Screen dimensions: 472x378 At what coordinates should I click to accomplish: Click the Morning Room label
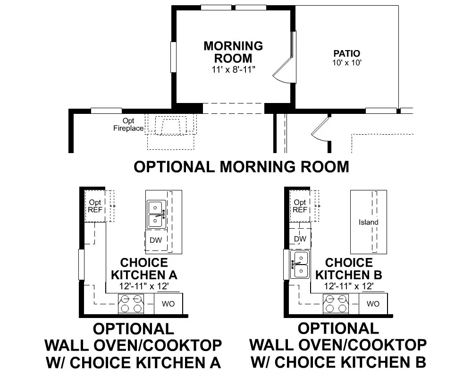233,52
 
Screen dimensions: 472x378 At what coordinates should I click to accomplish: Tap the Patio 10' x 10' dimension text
347,63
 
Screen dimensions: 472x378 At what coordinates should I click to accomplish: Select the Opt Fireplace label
128,124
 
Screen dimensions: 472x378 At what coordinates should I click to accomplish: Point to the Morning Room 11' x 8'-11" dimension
233,69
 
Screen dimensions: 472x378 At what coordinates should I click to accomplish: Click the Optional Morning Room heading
241,167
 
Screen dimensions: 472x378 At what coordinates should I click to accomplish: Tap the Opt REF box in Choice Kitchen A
95,206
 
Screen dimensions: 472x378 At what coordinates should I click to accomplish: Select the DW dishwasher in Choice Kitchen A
156,240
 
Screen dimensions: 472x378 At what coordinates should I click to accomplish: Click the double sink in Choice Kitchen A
156,214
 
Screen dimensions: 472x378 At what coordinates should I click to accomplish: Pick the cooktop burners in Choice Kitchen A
131,303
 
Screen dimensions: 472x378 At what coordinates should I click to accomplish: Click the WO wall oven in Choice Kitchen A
169,304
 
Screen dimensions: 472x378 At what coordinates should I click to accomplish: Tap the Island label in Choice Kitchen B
369,222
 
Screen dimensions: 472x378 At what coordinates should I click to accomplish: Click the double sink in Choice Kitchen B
300,264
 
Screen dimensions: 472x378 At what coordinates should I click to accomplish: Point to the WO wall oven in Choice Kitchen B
373,304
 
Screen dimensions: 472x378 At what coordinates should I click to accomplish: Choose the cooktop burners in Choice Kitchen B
336,303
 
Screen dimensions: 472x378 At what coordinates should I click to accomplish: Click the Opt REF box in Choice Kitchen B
300,206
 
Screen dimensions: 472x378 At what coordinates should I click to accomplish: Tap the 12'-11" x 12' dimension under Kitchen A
144,286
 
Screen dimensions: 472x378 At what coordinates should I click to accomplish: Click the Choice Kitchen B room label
349,268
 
